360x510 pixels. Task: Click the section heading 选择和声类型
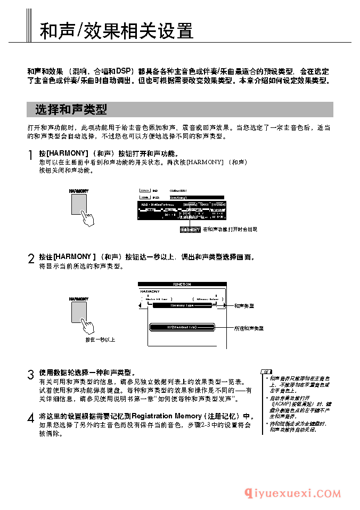[x=71, y=110]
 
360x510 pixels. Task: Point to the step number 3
[x=31, y=375]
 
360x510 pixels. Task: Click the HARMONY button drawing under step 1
[x=78, y=203]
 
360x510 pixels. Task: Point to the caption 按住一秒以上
[x=100, y=339]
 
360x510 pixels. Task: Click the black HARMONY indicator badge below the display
[x=190, y=230]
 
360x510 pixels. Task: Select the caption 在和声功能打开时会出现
[x=230, y=230]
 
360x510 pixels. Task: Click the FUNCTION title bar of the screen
[x=182, y=285]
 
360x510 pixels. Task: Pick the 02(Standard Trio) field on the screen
[x=182, y=327]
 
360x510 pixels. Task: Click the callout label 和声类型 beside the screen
[x=244, y=306]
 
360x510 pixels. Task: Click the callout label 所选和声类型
[x=249, y=328]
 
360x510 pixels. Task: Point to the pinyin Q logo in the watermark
[x=249, y=494]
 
